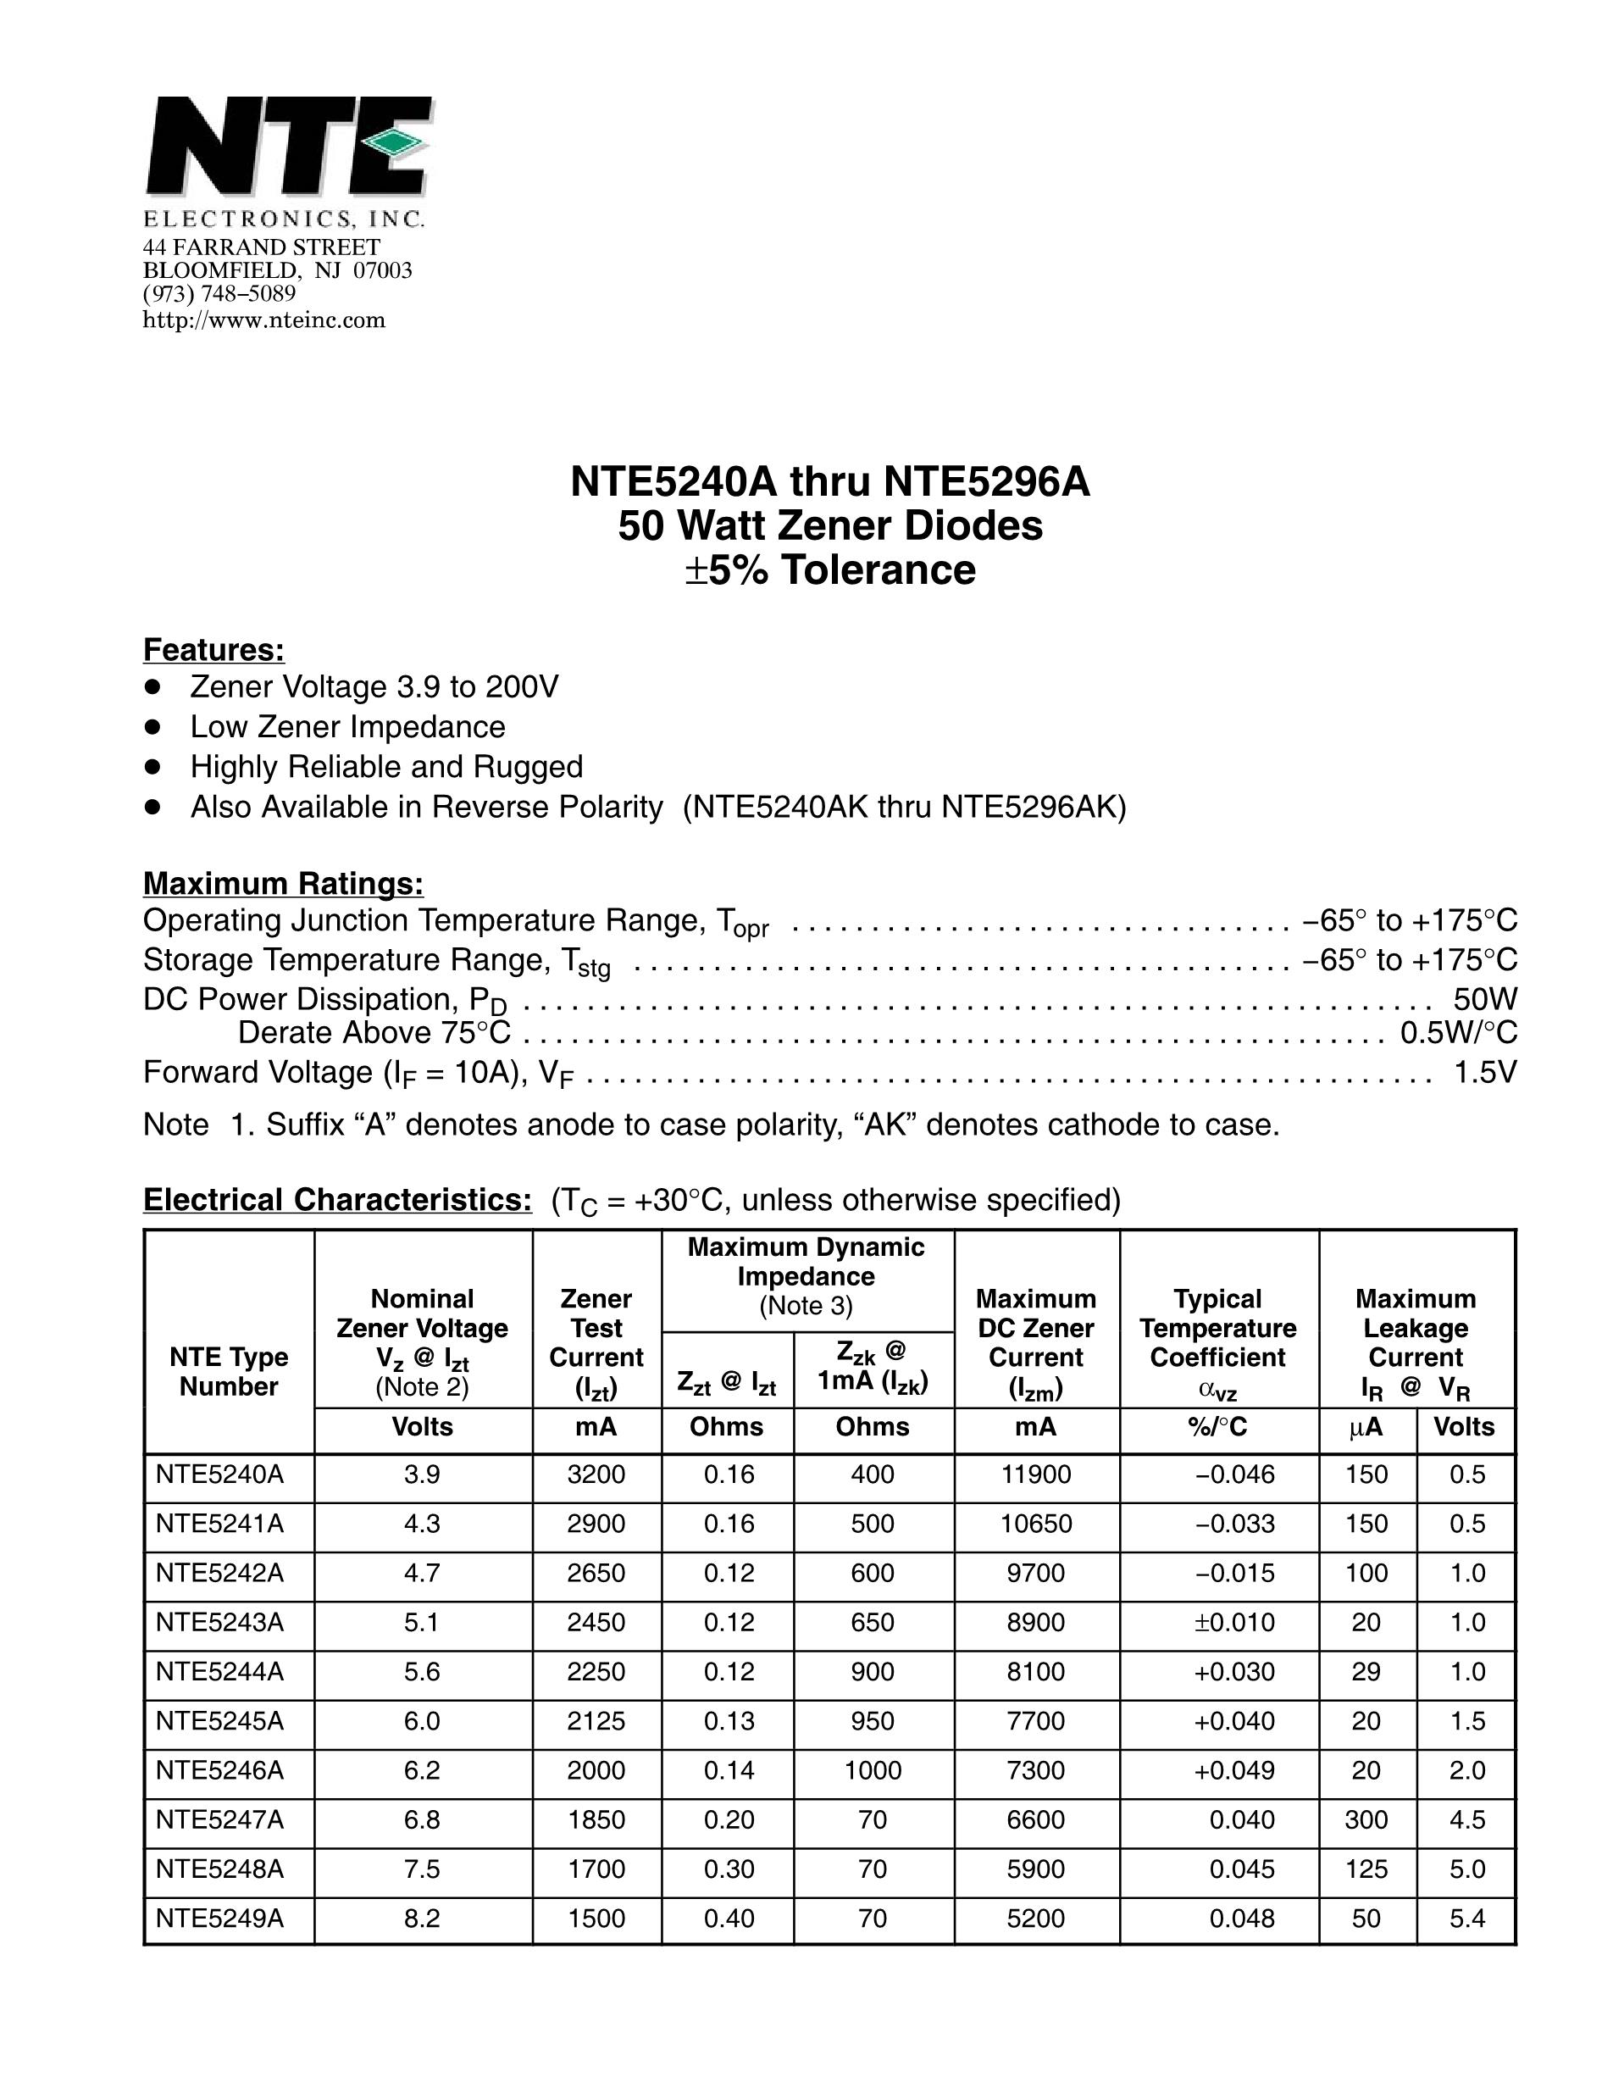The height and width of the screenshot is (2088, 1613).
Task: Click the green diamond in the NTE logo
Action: [x=395, y=143]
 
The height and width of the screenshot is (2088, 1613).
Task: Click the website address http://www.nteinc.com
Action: [x=263, y=320]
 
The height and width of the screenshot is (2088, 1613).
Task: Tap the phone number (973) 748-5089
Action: [x=219, y=294]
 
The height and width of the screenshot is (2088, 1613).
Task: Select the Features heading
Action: [x=213, y=650]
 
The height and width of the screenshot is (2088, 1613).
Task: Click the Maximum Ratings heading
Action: [x=283, y=883]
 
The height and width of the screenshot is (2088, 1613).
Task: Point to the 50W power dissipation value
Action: [x=1484, y=999]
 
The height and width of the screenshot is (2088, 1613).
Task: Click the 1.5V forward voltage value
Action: [x=1484, y=1073]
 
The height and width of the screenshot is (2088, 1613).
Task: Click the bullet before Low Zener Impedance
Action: [x=151, y=726]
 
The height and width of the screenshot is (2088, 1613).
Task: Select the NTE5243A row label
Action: [x=219, y=1623]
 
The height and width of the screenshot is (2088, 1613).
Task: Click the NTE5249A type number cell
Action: [x=219, y=1919]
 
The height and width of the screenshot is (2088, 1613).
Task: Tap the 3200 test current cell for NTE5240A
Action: [x=596, y=1474]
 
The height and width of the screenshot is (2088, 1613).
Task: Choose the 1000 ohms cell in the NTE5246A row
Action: [x=873, y=1770]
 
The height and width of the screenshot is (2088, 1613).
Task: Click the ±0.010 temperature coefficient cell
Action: [x=1233, y=1623]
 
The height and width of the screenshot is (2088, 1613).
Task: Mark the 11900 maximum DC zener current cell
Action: [x=1036, y=1474]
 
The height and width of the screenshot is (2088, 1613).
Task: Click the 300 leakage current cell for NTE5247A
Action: [x=1366, y=1819]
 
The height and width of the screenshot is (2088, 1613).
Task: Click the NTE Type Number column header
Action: [x=229, y=1372]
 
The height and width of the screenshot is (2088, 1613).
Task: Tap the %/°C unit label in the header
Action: [x=1217, y=1427]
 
